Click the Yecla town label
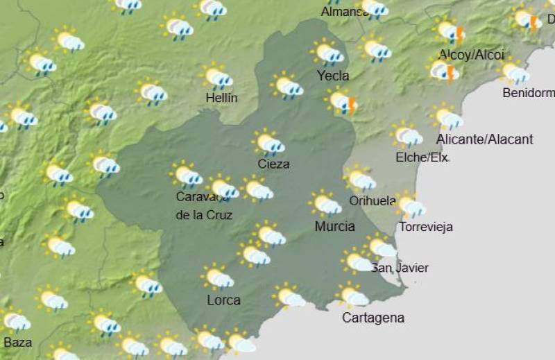coord(332,76)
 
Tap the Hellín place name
coord(222,98)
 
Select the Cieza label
coord(273,164)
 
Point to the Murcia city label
coord(334,226)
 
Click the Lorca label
coord(223,300)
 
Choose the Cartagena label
coord(373,318)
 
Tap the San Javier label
coord(400,268)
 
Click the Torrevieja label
coord(426,227)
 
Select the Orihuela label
coord(373,201)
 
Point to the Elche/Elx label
coord(422,157)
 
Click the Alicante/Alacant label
coord(484,139)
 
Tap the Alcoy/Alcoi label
coord(471,55)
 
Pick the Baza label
coord(18,342)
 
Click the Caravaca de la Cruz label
coord(204,205)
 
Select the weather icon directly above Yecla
coord(327,53)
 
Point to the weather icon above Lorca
coord(218,277)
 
